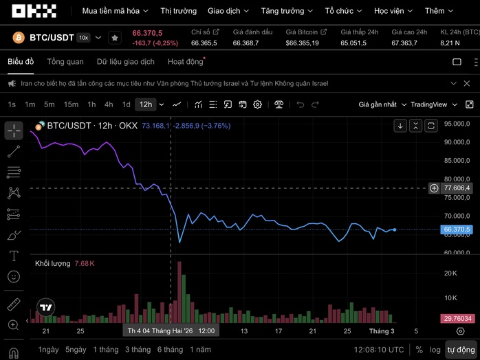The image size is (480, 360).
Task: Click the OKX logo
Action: coord(34,11)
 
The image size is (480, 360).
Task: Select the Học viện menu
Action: coord(394,11)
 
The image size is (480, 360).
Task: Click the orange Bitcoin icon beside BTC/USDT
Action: coord(17,37)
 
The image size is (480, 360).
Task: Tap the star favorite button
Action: coord(115,38)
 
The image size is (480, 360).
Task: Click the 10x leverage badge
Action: coord(83,38)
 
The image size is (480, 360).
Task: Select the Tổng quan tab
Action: coord(65,62)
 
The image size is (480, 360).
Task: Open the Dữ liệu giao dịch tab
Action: coord(125,62)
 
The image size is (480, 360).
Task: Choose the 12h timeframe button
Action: coord(145,104)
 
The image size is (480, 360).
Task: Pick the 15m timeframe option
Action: coord(71,104)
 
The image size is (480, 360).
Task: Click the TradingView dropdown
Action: coord(433,104)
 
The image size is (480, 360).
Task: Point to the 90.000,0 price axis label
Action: coord(457,142)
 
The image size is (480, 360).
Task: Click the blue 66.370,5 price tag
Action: coord(457,229)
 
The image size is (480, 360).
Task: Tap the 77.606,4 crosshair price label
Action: coord(457,188)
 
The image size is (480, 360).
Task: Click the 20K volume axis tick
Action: coord(450,273)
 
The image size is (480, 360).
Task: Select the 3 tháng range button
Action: coord(138,350)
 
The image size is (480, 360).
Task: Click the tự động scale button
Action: coord(461,350)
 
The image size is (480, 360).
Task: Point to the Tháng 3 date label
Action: coord(382,331)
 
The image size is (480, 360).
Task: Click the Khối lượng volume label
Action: coord(53,263)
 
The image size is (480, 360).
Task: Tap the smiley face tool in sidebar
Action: coord(14,277)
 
